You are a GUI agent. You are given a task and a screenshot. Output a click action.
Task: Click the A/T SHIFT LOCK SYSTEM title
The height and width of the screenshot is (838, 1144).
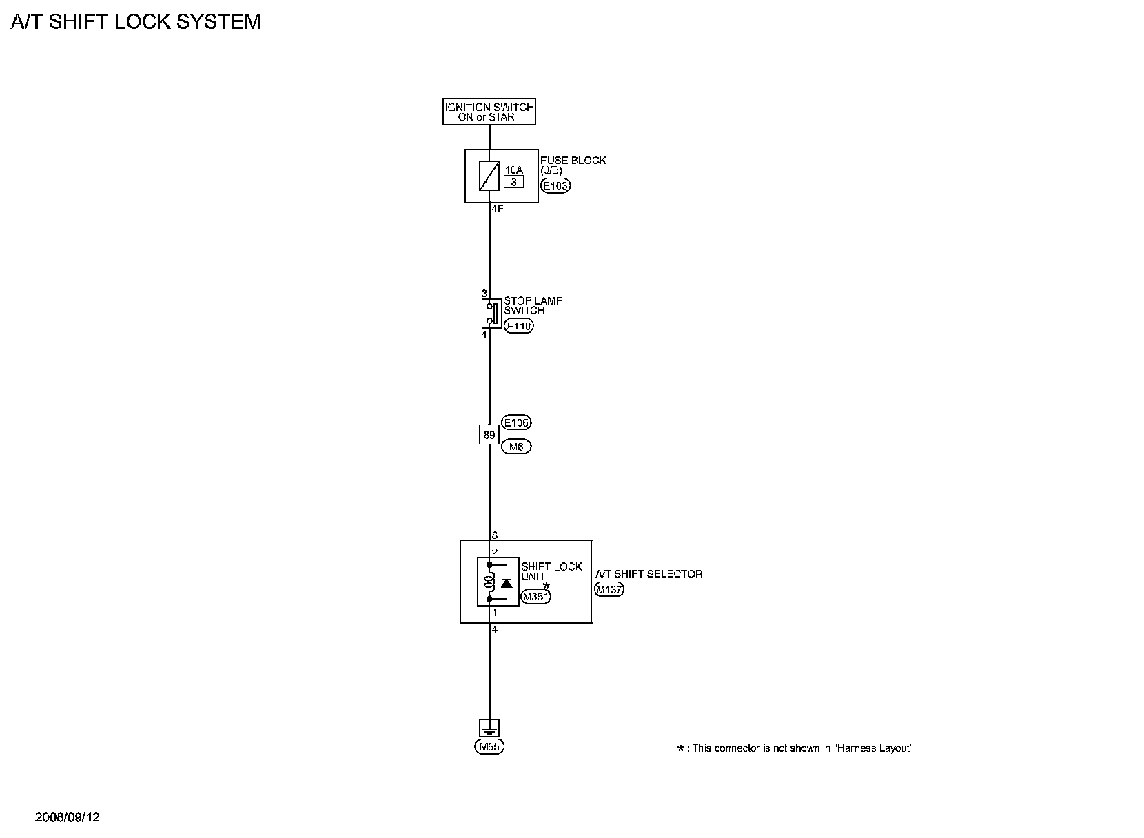(x=136, y=22)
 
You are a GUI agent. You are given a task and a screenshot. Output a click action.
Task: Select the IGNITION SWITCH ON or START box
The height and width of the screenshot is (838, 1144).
(x=489, y=112)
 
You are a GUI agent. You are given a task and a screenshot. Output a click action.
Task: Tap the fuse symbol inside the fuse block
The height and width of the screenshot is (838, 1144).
(x=489, y=175)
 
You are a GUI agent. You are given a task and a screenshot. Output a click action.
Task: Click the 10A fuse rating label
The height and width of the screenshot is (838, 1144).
(x=514, y=170)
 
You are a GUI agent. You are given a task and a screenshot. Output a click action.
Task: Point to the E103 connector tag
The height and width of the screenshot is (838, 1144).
(x=555, y=185)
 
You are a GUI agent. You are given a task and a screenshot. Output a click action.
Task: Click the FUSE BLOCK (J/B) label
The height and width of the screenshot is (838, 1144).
(x=573, y=165)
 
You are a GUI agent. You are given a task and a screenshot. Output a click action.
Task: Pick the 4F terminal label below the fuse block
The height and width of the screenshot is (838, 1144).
(x=498, y=208)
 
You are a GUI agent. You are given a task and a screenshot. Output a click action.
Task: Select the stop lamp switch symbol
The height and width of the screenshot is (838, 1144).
(x=491, y=314)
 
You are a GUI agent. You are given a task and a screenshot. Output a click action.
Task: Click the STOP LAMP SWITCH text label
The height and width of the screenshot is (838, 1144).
(x=533, y=305)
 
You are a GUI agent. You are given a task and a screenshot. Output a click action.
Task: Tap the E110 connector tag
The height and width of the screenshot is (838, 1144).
(x=518, y=326)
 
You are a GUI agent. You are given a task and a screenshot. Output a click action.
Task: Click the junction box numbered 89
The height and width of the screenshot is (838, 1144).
(x=489, y=435)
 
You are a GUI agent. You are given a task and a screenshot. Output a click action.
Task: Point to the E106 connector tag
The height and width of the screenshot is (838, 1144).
(x=517, y=422)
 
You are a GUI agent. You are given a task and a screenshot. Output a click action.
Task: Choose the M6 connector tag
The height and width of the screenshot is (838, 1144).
(x=516, y=447)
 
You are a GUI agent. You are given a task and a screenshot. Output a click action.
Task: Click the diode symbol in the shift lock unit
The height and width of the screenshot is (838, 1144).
(x=507, y=583)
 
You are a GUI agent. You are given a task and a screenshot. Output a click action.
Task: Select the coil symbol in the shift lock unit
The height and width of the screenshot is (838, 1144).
(x=489, y=582)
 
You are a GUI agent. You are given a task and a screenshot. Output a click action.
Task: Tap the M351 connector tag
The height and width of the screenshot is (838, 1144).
(x=535, y=597)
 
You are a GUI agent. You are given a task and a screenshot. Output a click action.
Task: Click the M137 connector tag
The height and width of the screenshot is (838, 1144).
(x=609, y=589)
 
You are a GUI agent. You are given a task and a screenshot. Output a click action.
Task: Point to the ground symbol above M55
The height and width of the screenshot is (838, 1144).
(x=489, y=728)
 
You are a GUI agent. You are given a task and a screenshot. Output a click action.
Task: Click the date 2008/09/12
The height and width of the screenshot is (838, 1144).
(x=68, y=817)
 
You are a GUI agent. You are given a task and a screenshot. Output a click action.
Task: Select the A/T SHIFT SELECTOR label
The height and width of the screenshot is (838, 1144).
(x=648, y=573)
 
